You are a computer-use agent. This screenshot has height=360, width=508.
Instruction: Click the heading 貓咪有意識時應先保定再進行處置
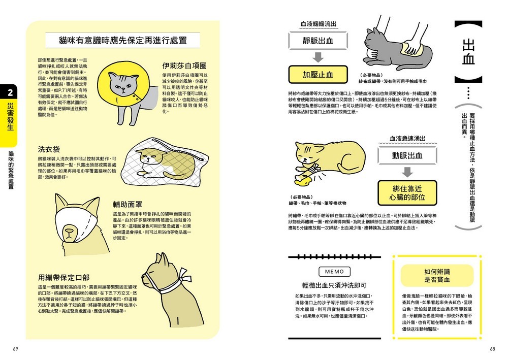pyautogui.click(x=122, y=41)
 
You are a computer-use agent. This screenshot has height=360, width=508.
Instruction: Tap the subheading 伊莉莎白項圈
pyautogui.click(x=184, y=66)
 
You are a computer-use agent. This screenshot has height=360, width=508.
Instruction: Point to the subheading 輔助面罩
pyautogui.click(x=129, y=204)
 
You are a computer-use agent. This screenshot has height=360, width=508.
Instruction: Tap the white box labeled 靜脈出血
pyautogui.click(x=317, y=42)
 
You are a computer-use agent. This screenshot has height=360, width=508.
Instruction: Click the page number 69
pyautogui.click(x=16, y=348)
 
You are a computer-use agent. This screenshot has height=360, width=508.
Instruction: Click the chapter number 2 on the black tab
pyautogui.click(x=10, y=91)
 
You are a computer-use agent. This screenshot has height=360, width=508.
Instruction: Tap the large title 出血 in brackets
pyautogui.click(x=467, y=51)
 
